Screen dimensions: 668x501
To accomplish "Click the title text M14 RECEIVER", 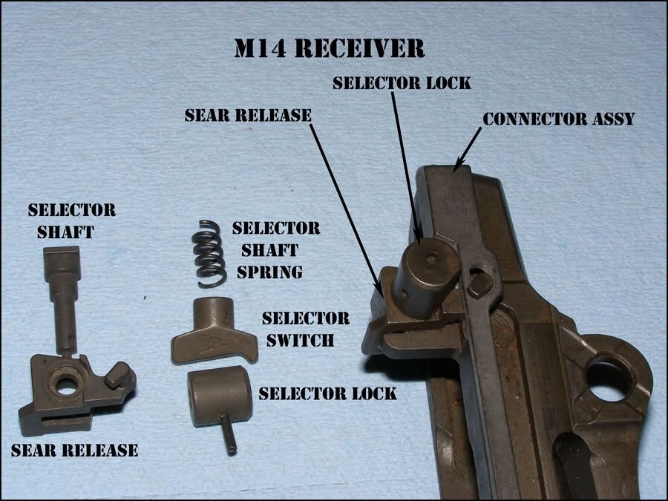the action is pos(330,48).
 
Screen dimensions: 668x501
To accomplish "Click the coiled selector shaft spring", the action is pos(209,254).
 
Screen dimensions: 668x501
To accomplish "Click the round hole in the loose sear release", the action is pos(65,385).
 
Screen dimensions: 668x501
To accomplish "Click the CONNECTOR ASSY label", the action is pos(558,119).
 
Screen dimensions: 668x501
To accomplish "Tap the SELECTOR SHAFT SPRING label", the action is pos(275,249).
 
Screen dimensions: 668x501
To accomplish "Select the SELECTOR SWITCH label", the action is pos(306,329).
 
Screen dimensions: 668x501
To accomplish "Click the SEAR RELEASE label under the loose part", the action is pos(74,450).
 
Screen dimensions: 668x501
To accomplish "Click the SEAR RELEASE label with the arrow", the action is pos(248,115).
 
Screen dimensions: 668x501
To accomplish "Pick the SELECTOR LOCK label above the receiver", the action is pos(402,82).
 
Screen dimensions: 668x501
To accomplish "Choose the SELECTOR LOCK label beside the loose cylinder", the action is pos(327,393).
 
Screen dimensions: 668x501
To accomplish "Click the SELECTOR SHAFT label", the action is pos(71,220).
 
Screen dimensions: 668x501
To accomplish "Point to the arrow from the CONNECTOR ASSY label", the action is pos(468,149).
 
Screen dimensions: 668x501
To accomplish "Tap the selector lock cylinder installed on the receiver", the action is pos(426,276).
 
